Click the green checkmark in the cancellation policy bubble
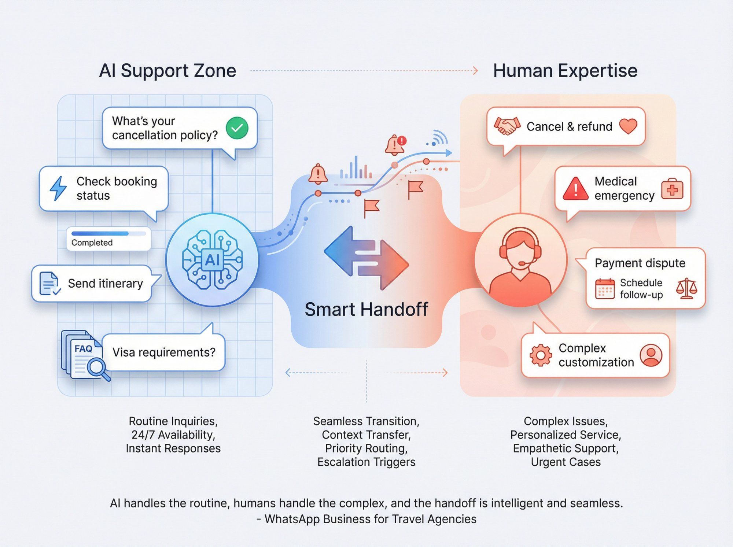tap(237, 128)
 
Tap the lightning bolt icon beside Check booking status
tap(58, 188)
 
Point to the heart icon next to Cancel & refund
tap(628, 126)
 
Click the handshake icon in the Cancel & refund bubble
tap(507, 126)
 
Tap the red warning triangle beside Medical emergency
tap(575, 189)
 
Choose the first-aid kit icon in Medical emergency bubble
tap(672, 189)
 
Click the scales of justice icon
tap(686, 289)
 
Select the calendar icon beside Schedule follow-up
tap(605, 289)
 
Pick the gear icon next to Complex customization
tap(541, 355)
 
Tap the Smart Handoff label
tap(366, 309)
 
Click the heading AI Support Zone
tap(167, 70)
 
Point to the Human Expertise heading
tap(565, 70)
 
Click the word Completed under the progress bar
tap(92, 243)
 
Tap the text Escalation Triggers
tap(366, 462)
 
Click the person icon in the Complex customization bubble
tap(651, 355)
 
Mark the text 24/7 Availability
tap(173, 435)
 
